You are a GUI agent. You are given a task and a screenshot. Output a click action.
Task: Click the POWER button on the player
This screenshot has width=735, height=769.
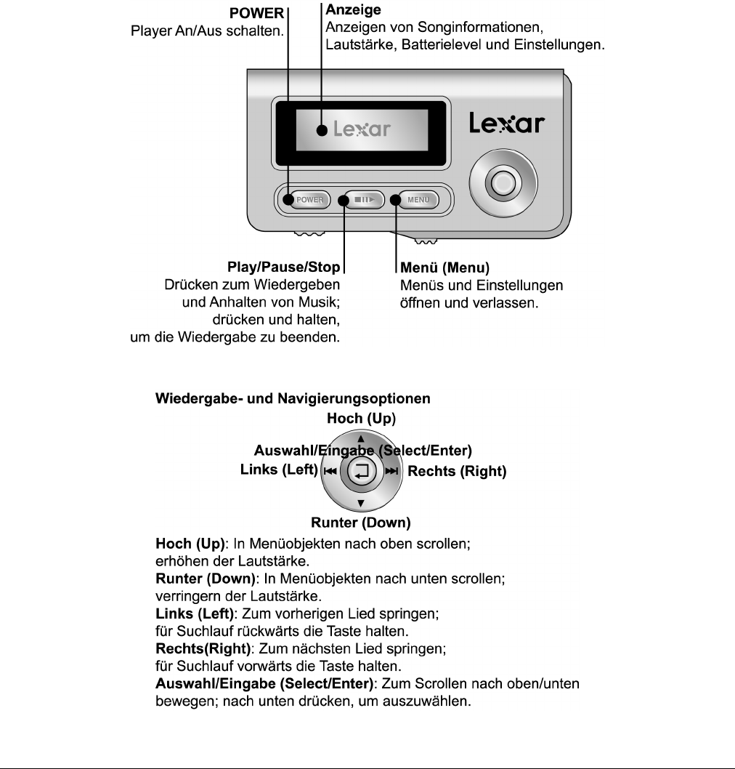coord(308,199)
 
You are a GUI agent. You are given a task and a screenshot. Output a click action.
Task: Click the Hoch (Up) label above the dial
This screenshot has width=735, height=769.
coord(361,418)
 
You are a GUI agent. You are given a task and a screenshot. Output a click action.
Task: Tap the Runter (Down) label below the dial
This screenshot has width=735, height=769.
coord(361,523)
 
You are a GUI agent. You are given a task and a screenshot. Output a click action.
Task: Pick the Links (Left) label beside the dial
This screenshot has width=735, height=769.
coord(279,470)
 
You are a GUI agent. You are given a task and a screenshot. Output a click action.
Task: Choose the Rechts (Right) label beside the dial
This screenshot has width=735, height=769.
coord(457,471)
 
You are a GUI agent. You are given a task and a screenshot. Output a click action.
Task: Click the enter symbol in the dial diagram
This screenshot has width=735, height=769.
coord(361,471)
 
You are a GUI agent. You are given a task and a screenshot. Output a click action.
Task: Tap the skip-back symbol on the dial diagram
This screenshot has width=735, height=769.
coord(330,472)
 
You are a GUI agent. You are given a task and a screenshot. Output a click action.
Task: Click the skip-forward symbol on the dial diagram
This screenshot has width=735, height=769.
coord(392,472)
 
